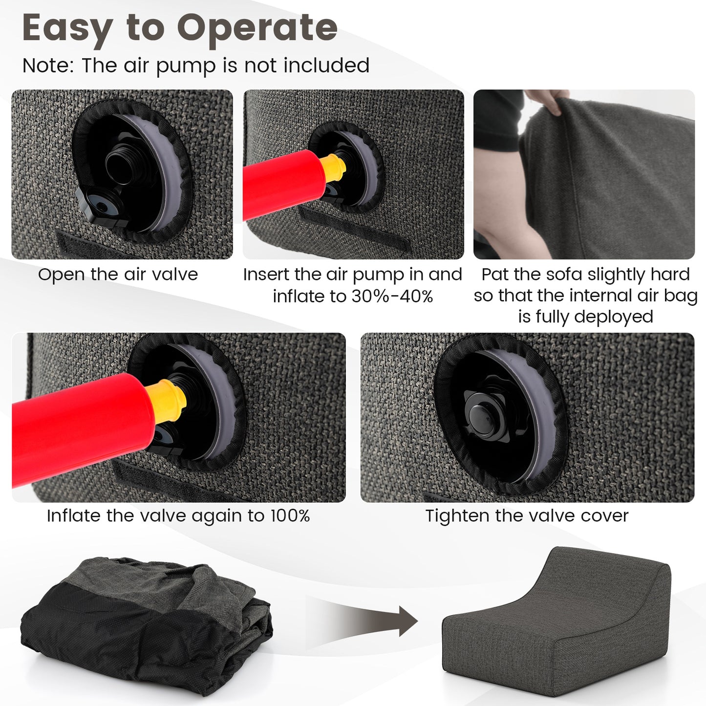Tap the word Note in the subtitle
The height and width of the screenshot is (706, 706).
coord(48,65)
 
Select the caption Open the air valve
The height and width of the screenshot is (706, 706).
coord(118,275)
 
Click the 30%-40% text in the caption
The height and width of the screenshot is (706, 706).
coord(392,297)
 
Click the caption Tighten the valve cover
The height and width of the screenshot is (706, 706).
coord(527,516)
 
